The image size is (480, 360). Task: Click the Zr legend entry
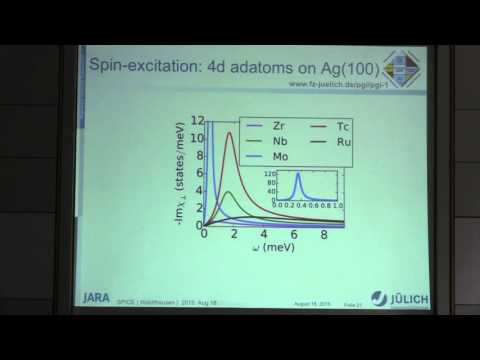[268, 126]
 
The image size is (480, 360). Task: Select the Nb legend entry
[268, 142]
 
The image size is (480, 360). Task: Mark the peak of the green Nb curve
[230, 193]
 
